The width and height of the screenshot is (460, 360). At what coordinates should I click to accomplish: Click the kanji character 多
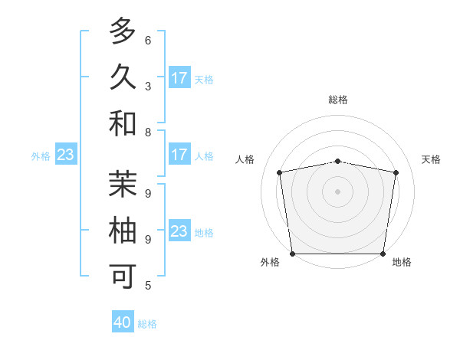tap(123, 32)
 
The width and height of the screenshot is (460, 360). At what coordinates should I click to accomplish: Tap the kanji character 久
tap(123, 77)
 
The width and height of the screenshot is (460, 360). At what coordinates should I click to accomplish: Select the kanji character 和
tap(123, 123)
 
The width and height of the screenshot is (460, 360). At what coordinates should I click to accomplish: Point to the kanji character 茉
tap(123, 185)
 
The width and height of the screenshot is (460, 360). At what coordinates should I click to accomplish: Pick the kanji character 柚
tap(123, 231)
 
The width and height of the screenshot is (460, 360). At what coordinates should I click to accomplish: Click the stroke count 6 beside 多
tap(148, 41)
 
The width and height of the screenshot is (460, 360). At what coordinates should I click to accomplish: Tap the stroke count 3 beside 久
tap(148, 86)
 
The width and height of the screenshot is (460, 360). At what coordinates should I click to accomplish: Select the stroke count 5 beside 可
tap(148, 286)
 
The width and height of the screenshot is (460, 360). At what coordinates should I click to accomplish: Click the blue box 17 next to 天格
tap(179, 78)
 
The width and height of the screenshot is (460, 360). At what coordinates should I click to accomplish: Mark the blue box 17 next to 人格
tap(179, 155)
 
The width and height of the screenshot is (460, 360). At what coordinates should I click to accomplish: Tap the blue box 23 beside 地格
tap(179, 231)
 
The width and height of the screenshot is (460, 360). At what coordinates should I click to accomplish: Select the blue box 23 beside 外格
tap(66, 155)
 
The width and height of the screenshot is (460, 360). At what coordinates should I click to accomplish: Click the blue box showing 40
tap(123, 322)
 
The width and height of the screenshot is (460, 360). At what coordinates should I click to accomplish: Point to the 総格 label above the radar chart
tap(338, 100)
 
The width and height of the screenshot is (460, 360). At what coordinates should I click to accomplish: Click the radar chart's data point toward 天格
tap(396, 172)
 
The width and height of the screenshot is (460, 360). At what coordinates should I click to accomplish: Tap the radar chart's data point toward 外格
tap(292, 254)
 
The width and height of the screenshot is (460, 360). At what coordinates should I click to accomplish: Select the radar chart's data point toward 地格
tap(383, 254)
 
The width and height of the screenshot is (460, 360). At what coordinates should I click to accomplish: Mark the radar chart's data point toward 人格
tap(280, 172)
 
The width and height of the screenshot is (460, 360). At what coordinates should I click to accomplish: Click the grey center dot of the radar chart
tap(338, 191)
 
